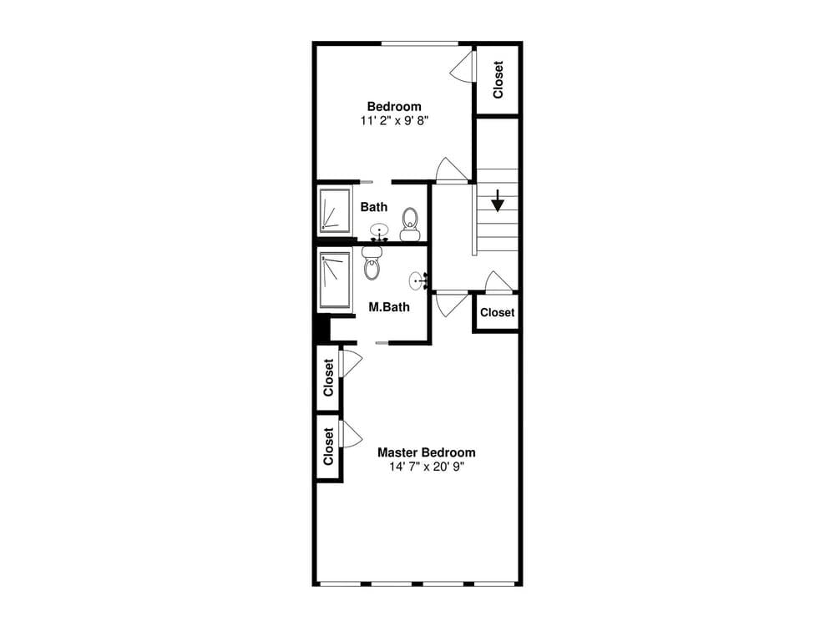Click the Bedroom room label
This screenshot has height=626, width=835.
pyautogui.click(x=394, y=106)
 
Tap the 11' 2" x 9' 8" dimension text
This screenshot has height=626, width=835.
pyautogui.click(x=394, y=120)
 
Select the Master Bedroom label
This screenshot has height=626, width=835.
pyautogui.click(x=426, y=452)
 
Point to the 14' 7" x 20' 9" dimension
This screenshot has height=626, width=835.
pyautogui.click(x=426, y=467)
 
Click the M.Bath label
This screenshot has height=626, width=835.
pyautogui.click(x=389, y=306)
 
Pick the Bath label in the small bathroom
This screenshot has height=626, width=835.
pyautogui.click(x=374, y=206)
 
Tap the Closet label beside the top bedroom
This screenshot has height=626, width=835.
pyautogui.click(x=498, y=80)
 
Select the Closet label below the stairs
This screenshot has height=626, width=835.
pyautogui.click(x=498, y=312)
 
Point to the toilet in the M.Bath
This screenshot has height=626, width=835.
pyautogui.click(x=372, y=265)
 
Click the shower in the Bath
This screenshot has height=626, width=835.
pyautogui.click(x=334, y=210)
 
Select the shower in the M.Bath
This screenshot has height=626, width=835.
pyautogui.click(x=335, y=280)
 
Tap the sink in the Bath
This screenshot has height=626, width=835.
pyautogui.click(x=380, y=232)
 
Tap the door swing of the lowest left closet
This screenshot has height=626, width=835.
pyautogui.click(x=350, y=434)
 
